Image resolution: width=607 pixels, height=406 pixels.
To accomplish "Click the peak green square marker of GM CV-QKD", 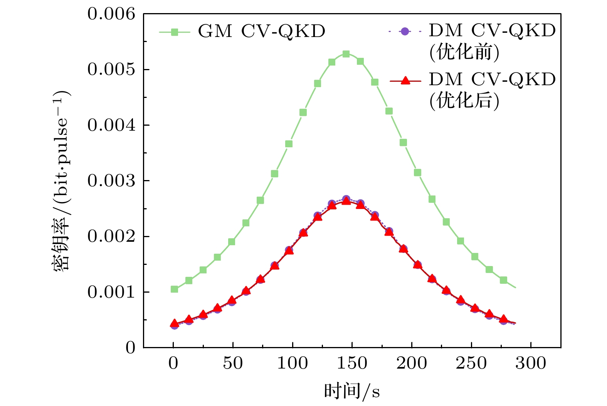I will tap(346, 54).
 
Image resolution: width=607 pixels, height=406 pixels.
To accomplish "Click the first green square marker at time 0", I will tap(174, 289).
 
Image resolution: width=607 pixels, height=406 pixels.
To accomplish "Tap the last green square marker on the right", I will tap(503, 280).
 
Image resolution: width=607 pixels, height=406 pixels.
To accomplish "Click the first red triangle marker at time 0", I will tap(174, 323).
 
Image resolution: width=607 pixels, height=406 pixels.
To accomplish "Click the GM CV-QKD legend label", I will tap(262, 32).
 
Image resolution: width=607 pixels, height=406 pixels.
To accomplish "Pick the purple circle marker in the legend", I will tap(405, 31).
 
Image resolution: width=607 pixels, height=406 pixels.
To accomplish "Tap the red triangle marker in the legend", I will tap(405, 81).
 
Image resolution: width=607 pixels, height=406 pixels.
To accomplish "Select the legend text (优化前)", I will tap(464, 52).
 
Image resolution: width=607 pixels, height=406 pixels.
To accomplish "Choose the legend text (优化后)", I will tap(464, 101).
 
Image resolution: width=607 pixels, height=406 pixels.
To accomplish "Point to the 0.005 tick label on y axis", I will tap(111, 69).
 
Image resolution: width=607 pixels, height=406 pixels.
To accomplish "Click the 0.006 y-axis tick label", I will tap(111, 14).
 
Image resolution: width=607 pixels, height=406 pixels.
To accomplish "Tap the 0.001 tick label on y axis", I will tap(111, 292).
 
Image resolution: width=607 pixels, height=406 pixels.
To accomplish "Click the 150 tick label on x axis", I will tap(352, 363).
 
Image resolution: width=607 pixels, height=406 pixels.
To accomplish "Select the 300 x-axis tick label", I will tap(531, 363).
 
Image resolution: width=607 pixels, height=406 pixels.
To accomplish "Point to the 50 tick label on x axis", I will tap(233, 363).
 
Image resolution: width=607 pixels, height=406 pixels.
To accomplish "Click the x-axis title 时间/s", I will tap(352, 391).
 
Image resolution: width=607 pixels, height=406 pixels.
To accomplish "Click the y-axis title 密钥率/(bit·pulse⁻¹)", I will tap(61, 180).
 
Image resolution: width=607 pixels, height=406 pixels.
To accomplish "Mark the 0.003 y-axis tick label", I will tap(111, 181).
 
